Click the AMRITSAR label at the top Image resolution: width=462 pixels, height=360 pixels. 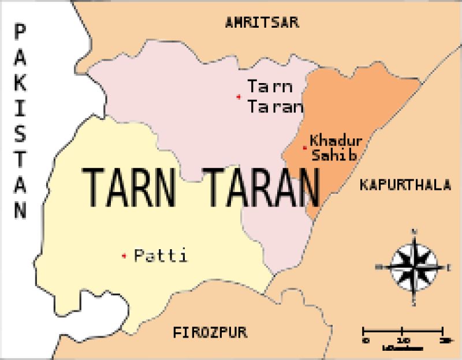tap(262, 22)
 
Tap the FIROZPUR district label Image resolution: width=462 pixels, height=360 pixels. tap(210, 332)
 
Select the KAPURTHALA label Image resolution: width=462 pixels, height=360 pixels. tap(404, 185)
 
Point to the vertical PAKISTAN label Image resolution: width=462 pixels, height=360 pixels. tap(21, 121)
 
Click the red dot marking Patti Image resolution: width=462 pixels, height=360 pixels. tap(124, 256)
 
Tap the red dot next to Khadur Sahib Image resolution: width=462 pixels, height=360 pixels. tap(304, 148)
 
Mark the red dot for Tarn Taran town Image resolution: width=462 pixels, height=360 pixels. tap(239, 96)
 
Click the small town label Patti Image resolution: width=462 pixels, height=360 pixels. tap(161, 256)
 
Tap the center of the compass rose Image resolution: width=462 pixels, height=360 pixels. tap(414, 267)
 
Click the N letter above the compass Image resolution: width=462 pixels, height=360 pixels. tap(414, 232)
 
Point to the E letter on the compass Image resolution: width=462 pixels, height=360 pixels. tap(449, 267)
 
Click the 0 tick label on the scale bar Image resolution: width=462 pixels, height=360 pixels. tap(364, 340)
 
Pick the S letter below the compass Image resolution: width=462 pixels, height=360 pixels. tap(414, 301)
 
